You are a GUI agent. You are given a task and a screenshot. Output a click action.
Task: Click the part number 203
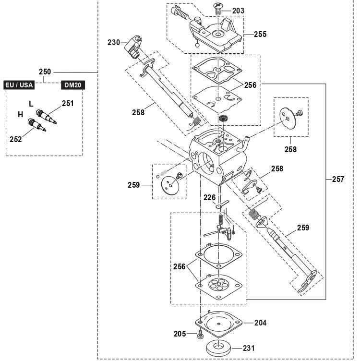click(239, 11)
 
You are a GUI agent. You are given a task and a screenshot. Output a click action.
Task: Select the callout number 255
click(261, 35)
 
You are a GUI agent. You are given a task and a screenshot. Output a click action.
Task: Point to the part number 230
click(114, 42)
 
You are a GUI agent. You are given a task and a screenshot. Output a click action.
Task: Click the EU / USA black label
click(19, 85)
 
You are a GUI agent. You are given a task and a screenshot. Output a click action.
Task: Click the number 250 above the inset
click(45, 72)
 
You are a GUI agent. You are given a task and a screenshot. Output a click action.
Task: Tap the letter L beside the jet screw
click(31, 103)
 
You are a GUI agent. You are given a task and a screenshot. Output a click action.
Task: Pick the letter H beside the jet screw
click(21, 114)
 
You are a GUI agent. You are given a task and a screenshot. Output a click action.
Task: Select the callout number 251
click(68, 103)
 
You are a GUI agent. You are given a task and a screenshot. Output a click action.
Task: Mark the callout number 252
click(16, 139)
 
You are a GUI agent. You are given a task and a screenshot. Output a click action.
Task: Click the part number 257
click(338, 179)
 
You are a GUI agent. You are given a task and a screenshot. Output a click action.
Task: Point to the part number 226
click(209, 197)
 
